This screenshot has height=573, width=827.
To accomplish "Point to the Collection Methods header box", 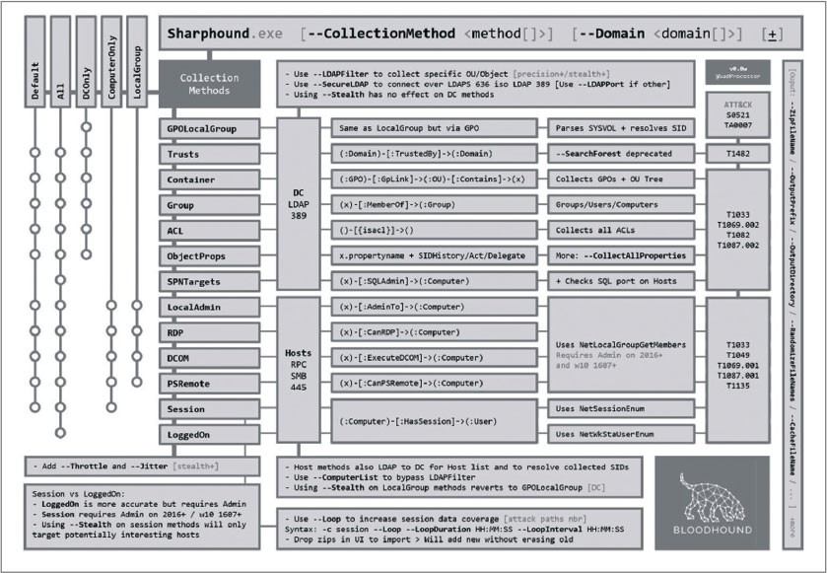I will (x=210, y=84).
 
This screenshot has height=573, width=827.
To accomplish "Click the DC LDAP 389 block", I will (x=298, y=205).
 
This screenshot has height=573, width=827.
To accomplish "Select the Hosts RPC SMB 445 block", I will (x=298, y=358).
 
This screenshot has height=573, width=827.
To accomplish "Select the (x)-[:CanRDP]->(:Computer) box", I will (x=430, y=332).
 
